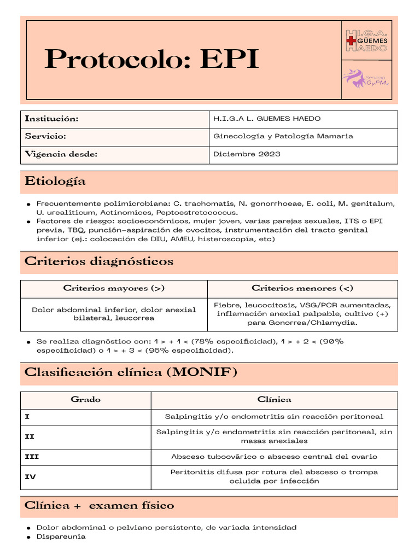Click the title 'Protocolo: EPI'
(151, 59)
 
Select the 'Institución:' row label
(52, 119)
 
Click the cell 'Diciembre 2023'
(247, 154)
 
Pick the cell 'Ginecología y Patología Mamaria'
(283, 136)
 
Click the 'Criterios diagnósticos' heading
(99, 261)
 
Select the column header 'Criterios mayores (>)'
(114, 288)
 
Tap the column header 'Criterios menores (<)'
(302, 288)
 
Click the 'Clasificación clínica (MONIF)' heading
(131, 372)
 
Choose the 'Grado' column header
(86, 400)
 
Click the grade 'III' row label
(32, 456)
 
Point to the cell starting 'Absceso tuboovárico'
(274, 456)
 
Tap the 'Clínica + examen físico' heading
(100, 506)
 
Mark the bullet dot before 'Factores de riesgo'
(28, 221)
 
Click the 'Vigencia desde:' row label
(61, 154)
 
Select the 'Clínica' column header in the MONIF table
(274, 400)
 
